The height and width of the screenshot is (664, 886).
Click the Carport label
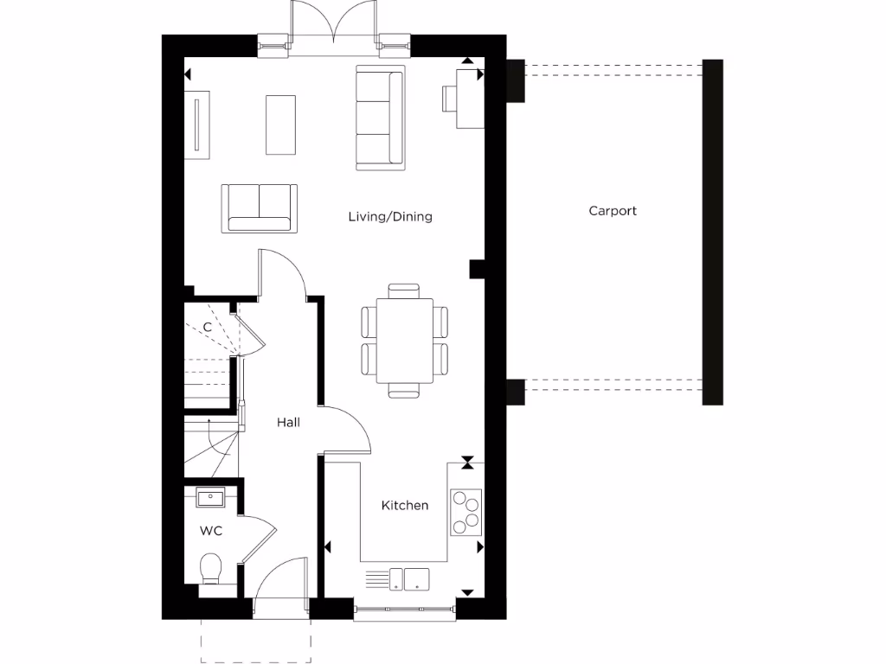tap(613, 211)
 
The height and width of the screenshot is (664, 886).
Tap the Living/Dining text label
tap(390, 217)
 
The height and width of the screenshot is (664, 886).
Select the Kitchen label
tap(405, 505)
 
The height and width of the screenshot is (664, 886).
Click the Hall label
tap(288, 423)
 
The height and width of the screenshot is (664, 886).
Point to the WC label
tap(211, 531)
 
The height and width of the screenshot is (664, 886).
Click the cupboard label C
tap(207, 328)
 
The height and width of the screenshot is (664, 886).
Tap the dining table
tap(405, 341)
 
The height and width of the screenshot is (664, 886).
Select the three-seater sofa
tap(380, 117)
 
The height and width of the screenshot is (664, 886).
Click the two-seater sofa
tap(259, 207)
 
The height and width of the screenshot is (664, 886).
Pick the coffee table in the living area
tap(279, 124)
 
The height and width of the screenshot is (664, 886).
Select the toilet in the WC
tap(211, 570)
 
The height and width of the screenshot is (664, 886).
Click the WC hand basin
tap(210, 498)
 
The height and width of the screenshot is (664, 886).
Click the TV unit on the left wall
tap(197, 124)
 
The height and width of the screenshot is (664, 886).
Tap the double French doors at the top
tap(333, 26)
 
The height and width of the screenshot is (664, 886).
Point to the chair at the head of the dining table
tap(404, 290)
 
